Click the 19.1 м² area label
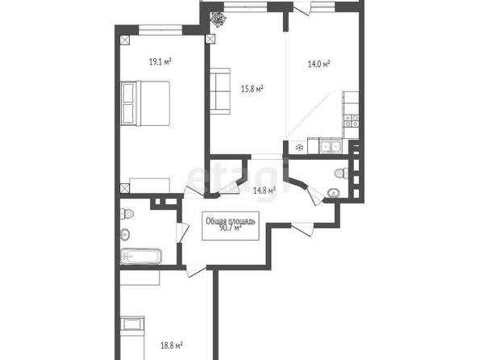tap(160, 62)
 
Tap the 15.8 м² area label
tap(252, 89)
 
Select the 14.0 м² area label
tap(319, 64)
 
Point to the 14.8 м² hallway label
tap(264, 190)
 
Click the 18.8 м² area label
tap(172, 345)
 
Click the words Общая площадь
tap(231, 221)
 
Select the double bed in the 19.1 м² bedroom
tap(145, 103)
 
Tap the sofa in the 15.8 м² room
tap(220, 91)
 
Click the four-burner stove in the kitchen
tap(352, 121)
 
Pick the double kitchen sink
tap(331, 146)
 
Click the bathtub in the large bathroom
tap(141, 257)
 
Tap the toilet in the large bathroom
tap(127, 213)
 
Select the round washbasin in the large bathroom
tap(125, 235)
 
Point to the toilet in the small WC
tap(342, 173)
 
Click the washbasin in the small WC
tap(333, 193)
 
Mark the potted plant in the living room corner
tap(219, 19)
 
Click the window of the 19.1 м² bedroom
tap(160, 30)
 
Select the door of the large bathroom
tap(183, 232)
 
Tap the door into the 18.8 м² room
tap(196, 270)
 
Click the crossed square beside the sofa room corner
tap(210, 40)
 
